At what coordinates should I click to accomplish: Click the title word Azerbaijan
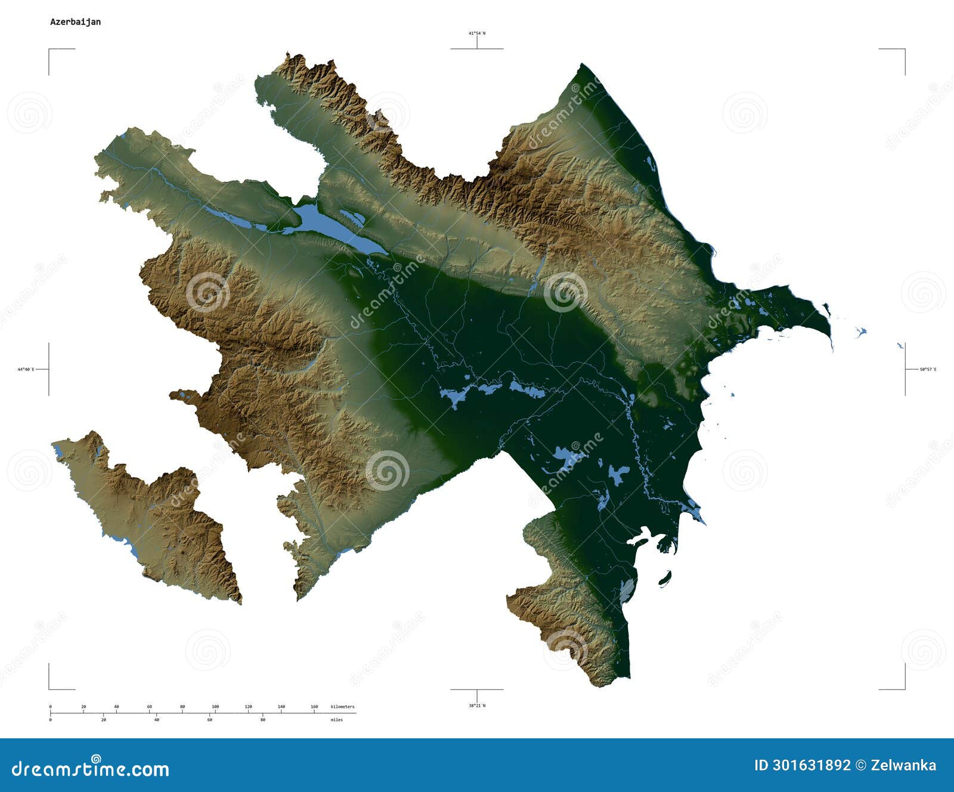click(x=75, y=22)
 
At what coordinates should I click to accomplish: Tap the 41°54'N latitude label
click(x=476, y=33)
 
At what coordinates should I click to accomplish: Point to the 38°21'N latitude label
click(x=476, y=706)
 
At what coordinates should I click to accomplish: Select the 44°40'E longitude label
click(x=26, y=370)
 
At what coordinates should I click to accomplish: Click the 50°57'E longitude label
click(x=928, y=370)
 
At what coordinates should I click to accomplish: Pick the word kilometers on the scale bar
click(x=342, y=707)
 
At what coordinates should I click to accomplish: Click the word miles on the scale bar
click(x=337, y=720)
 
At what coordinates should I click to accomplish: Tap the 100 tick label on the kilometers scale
click(x=215, y=707)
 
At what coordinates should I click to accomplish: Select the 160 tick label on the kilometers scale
click(x=314, y=707)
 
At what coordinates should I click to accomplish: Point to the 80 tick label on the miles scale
click(x=262, y=720)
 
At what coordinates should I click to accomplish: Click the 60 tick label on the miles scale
click(x=209, y=720)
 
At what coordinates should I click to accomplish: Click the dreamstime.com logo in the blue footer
click(x=91, y=768)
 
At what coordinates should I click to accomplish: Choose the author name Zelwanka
click(x=904, y=766)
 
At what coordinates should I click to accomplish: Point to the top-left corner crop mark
click(x=49, y=50)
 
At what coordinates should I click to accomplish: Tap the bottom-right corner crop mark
click(x=905, y=689)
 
